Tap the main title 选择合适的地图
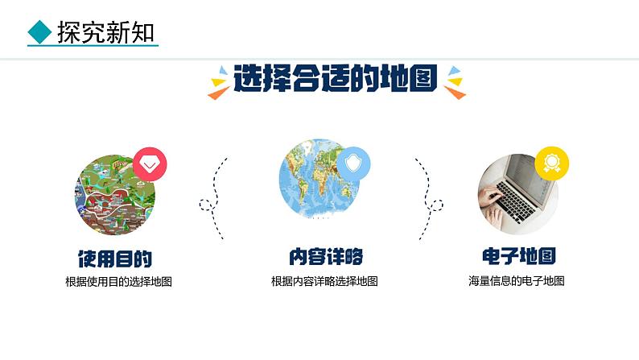click(x=336, y=81)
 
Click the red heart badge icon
click(x=150, y=164)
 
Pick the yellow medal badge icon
click(x=552, y=161)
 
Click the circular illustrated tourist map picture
click(x=115, y=193)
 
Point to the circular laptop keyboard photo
click(x=517, y=194)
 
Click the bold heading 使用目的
click(x=115, y=258)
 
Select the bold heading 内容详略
click(x=325, y=257)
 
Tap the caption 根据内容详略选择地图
click(x=324, y=282)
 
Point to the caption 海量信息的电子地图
click(x=517, y=281)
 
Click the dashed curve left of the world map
click(x=216, y=198)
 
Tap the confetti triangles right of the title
click(x=455, y=81)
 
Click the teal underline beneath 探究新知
click(x=93, y=46)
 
